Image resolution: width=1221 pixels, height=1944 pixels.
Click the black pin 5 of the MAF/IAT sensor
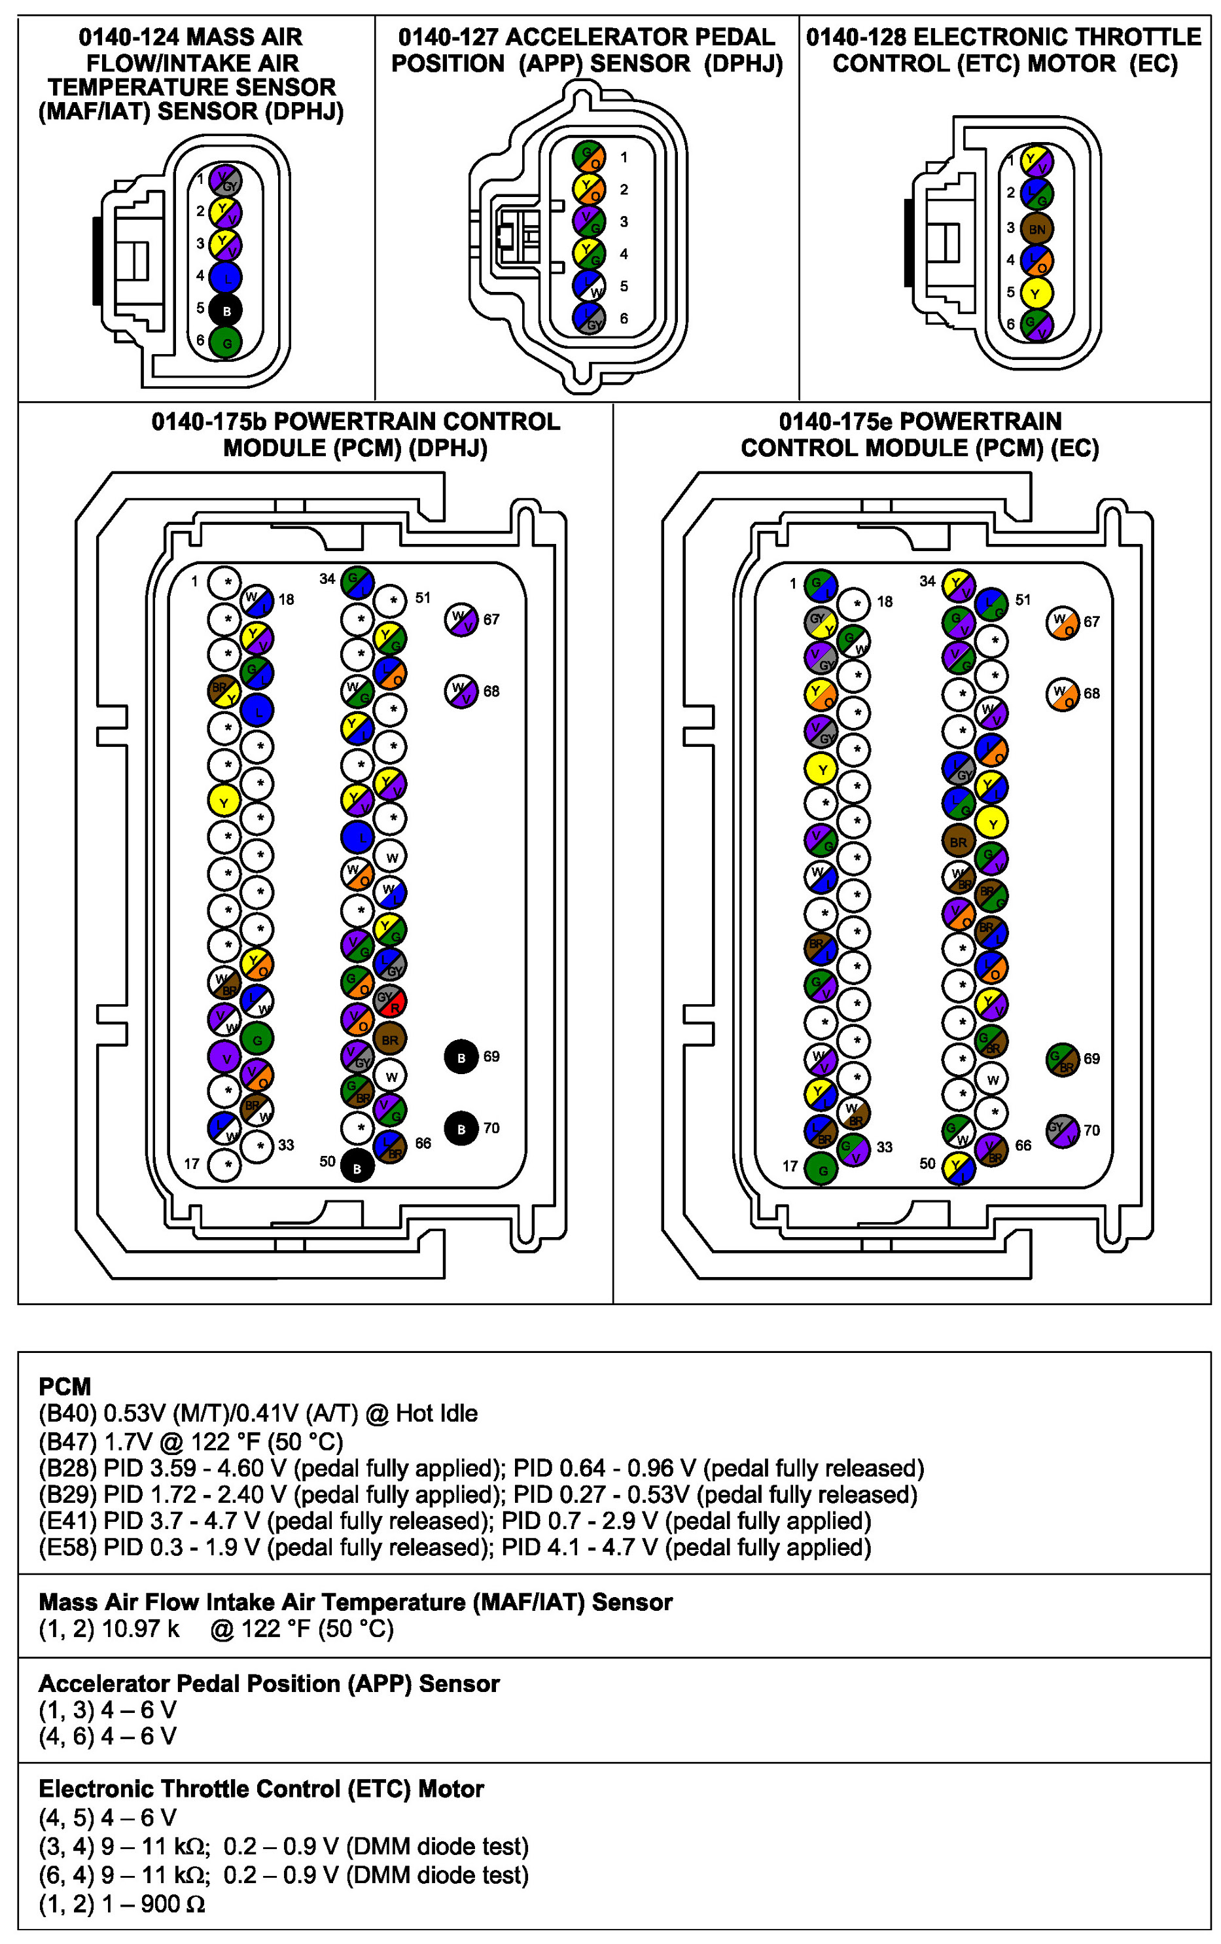(x=226, y=310)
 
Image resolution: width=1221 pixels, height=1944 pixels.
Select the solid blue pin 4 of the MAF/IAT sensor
(x=226, y=278)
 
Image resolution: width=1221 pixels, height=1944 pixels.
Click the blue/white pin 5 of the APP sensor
(x=589, y=286)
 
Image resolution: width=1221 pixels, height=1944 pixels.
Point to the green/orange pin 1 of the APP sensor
(x=589, y=156)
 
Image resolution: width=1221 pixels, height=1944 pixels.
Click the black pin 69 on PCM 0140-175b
(x=461, y=1057)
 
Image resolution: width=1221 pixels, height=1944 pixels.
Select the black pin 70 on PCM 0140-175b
(x=461, y=1128)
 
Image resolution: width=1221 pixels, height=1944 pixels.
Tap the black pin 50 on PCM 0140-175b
(x=357, y=1166)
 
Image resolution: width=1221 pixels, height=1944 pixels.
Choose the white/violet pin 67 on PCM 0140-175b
(x=461, y=619)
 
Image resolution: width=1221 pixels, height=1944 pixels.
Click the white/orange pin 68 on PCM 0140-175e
(x=1062, y=693)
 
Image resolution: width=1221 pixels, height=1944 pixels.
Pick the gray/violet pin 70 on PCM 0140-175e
(x=1062, y=1130)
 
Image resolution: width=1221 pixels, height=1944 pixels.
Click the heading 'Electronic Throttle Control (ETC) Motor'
(x=260, y=1788)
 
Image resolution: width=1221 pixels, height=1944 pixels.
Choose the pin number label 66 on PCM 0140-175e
(x=1023, y=1145)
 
